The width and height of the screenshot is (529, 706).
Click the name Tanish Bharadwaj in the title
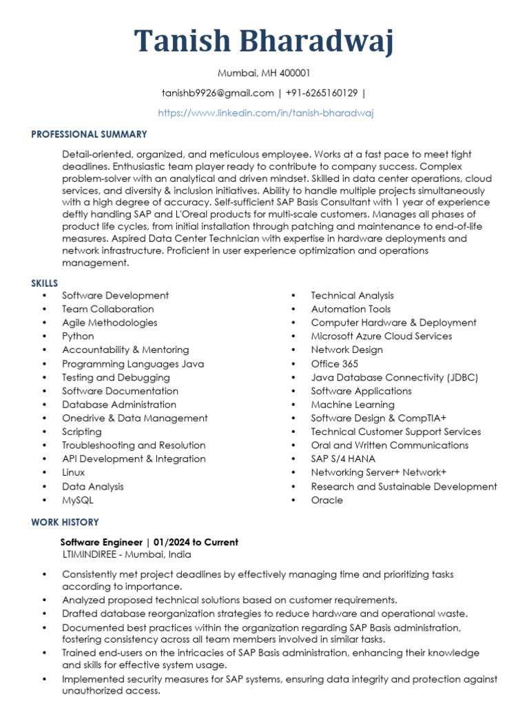(264, 41)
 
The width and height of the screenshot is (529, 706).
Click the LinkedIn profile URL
(265, 113)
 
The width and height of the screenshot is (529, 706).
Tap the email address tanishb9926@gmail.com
(218, 93)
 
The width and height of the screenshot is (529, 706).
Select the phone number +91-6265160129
(322, 93)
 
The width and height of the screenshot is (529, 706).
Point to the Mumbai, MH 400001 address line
(264, 72)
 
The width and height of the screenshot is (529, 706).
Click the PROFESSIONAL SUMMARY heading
(89, 134)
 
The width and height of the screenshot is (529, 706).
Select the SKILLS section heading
(44, 283)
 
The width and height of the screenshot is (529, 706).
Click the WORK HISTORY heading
(65, 523)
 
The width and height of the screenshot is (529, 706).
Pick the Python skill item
(78, 336)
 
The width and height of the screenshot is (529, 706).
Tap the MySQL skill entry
(77, 500)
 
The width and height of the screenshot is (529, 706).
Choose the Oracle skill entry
(326, 500)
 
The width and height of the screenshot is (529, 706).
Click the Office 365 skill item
(335, 363)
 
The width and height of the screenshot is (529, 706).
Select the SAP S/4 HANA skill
(343, 459)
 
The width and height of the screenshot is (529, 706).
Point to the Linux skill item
(74, 473)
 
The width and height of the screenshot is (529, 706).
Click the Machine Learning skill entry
(353, 405)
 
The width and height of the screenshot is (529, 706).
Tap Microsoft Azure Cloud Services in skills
(382, 336)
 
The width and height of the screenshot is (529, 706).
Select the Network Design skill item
(347, 350)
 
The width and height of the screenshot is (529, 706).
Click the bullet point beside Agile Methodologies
(45, 323)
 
